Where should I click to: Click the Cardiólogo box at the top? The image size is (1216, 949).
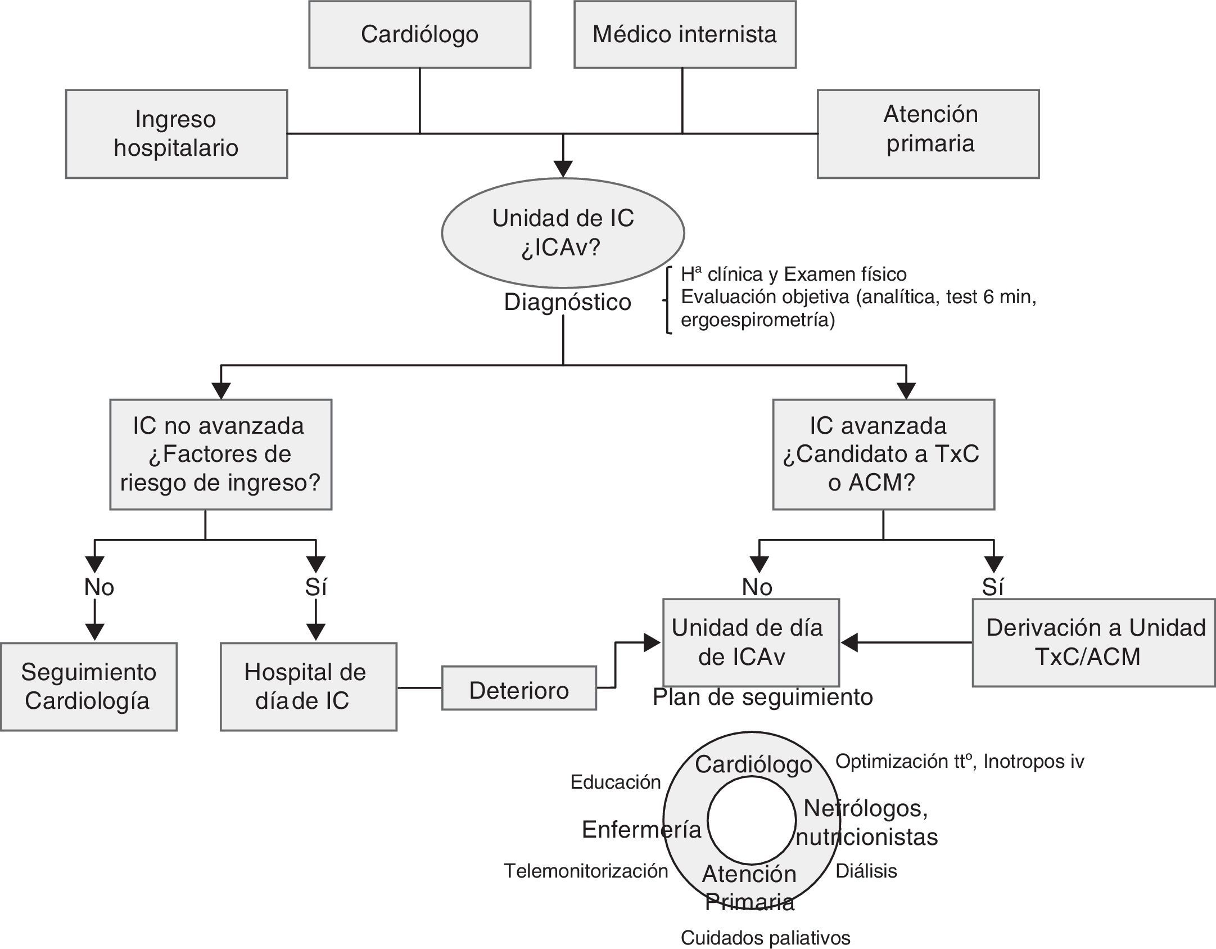(419, 34)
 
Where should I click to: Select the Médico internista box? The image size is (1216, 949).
(685, 34)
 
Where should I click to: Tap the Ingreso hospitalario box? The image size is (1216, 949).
(177, 134)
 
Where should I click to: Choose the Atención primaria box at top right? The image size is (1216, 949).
(928, 134)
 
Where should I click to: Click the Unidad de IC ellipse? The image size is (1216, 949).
(563, 233)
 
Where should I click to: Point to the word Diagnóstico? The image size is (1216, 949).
(567, 302)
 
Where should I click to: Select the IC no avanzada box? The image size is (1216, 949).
(220, 455)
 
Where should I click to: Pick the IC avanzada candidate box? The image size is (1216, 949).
(883, 455)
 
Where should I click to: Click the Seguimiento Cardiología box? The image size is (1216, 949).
(88, 686)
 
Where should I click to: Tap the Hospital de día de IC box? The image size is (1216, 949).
(308, 686)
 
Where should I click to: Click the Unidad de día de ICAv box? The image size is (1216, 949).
(751, 642)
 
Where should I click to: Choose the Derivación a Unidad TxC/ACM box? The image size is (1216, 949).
(1093, 642)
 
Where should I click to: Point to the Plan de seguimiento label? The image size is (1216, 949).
(762, 697)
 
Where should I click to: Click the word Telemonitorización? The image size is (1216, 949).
(586, 871)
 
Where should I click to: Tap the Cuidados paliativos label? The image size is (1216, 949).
(765, 938)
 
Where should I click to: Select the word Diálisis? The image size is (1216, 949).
(866, 871)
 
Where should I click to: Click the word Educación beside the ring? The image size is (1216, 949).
(616, 782)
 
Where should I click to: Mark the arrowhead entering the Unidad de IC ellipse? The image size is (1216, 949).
(563, 169)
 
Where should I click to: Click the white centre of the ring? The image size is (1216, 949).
(752, 820)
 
